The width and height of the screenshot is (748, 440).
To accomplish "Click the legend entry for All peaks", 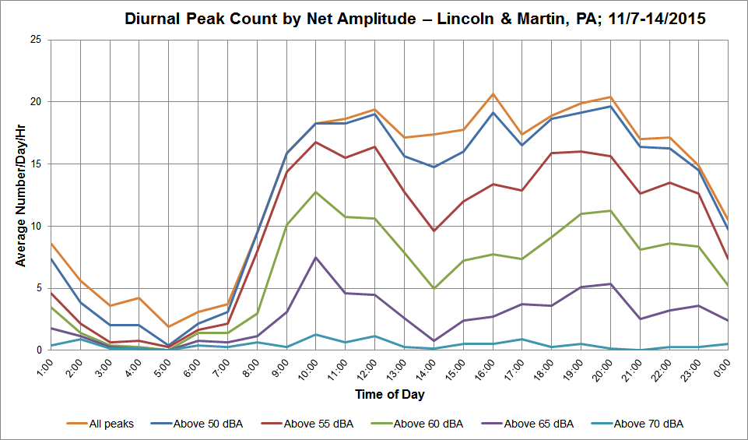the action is click(x=100, y=424).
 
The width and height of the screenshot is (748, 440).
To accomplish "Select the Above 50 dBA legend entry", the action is click(x=197, y=424).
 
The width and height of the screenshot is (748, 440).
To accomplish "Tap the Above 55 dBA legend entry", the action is click(x=307, y=424).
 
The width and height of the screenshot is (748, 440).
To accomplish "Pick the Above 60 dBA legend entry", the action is click(x=417, y=424).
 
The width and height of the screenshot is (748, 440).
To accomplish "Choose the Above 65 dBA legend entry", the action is click(x=528, y=424).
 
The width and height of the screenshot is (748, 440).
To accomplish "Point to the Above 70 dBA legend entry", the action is click(x=637, y=424).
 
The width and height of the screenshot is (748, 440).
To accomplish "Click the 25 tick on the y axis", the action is click(x=36, y=40).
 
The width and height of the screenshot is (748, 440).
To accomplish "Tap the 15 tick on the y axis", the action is click(x=36, y=164).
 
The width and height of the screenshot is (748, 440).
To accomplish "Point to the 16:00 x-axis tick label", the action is click(x=485, y=369).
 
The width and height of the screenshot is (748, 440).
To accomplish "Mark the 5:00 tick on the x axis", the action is click(x=162, y=368).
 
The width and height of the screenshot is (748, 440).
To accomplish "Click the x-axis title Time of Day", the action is click(x=390, y=394).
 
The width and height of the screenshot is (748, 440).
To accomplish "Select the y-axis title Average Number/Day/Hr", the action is click(x=20, y=195).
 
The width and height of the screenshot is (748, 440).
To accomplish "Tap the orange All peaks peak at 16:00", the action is click(x=493, y=94).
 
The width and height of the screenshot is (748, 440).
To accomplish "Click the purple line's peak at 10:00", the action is click(x=315, y=258).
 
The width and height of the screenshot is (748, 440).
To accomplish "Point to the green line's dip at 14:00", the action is click(x=434, y=288).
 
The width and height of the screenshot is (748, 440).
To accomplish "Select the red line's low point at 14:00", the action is click(x=434, y=231).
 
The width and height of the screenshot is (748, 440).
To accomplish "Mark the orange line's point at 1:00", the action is click(x=51, y=244).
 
